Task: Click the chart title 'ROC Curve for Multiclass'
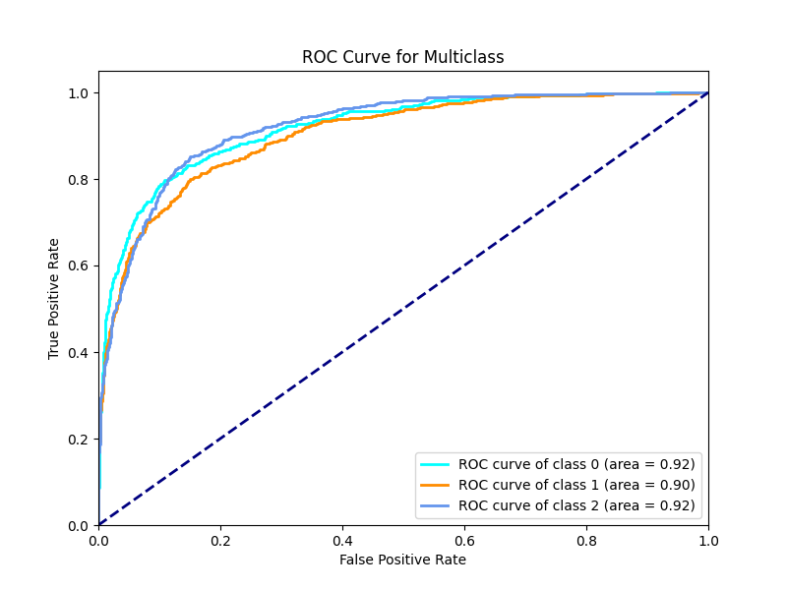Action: (402, 57)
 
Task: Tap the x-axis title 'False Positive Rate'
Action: (402, 560)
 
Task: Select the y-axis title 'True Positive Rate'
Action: (54, 299)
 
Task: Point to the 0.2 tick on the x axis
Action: (220, 541)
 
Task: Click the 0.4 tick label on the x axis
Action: (342, 541)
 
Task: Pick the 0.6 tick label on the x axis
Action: (464, 541)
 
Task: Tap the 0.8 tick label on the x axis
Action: (586, 541)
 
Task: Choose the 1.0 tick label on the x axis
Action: (708, 541)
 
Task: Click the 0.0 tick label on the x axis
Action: (98, 541)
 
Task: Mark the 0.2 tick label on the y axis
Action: (79, 440)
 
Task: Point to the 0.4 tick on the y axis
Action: (79, 353)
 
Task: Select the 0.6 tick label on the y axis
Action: (79, 265)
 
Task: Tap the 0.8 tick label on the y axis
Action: (79, 180)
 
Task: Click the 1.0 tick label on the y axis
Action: (79, 93)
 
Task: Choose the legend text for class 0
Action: (576, 464)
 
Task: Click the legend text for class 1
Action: (576, 485)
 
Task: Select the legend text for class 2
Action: (576, 505)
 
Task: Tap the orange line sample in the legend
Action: (435, 485)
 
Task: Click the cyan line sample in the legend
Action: (435, 464)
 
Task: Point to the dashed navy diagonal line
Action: (403, 310)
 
